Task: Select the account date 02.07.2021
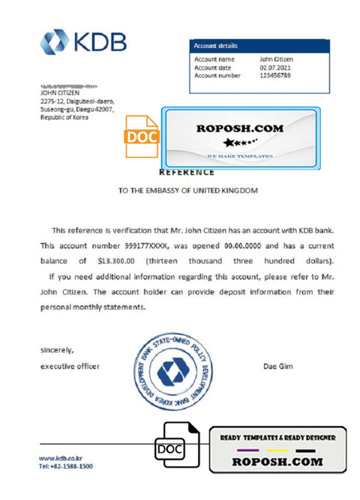coord(275,68)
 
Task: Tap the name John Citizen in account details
coord(276,59)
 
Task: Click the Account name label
coord(214,59)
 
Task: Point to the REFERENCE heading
coord(187,172)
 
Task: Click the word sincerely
coord(57,350)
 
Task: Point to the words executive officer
coord(70,366)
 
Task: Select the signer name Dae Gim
coord(278,366)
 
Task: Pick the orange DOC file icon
coord(142,136)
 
